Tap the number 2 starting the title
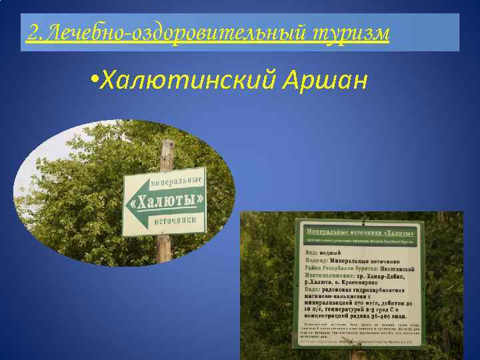pos(31,31)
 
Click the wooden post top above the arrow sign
pos(167,148)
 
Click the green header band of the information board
pos(359,233)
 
